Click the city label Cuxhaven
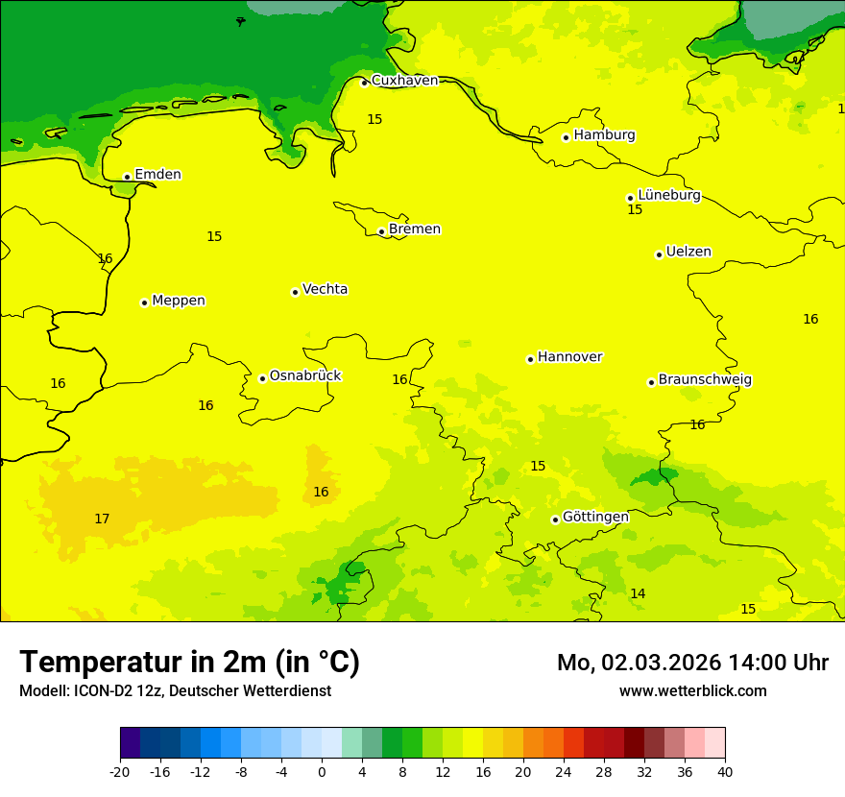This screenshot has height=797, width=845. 404,81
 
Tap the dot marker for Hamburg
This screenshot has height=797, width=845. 567,137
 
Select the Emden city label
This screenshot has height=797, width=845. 157,175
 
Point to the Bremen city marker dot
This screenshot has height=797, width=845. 381,231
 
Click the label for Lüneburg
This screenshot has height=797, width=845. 669,195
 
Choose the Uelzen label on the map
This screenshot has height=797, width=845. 688,253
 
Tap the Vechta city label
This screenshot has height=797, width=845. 325,289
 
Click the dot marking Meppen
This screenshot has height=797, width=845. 144,302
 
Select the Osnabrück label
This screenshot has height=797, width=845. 305,375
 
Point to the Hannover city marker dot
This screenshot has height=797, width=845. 530,360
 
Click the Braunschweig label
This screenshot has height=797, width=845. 705,380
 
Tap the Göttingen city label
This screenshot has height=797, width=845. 595,517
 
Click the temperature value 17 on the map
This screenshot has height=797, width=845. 102,519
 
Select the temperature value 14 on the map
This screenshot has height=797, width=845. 638,594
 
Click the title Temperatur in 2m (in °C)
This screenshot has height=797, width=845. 189,663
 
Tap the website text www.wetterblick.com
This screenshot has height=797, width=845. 692,691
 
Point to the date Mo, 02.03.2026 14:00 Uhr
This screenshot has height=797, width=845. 692,663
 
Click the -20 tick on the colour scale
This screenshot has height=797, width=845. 120,772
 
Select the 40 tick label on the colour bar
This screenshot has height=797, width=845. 725,772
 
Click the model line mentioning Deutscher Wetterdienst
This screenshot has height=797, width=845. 175,691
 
